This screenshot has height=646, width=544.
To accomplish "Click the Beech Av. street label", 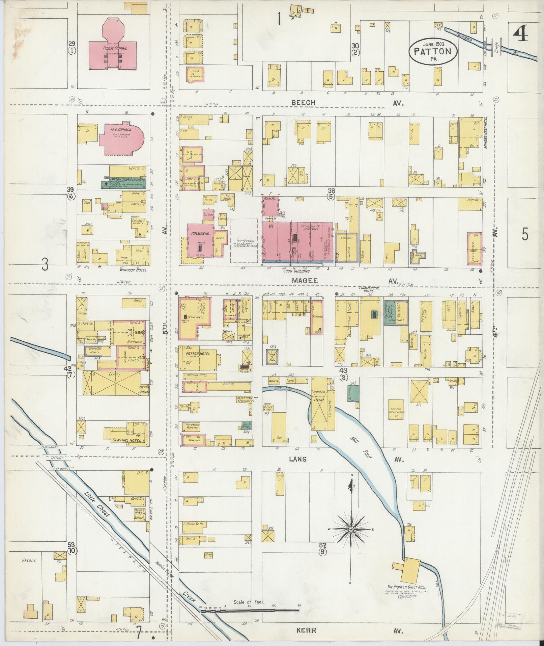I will pyautogui.click(x=304, y=102).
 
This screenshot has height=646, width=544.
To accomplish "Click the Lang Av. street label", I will pyautogui.click(x=298, y=459).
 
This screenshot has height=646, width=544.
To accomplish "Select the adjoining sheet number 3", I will pyautogui.click(x=45, y=265).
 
